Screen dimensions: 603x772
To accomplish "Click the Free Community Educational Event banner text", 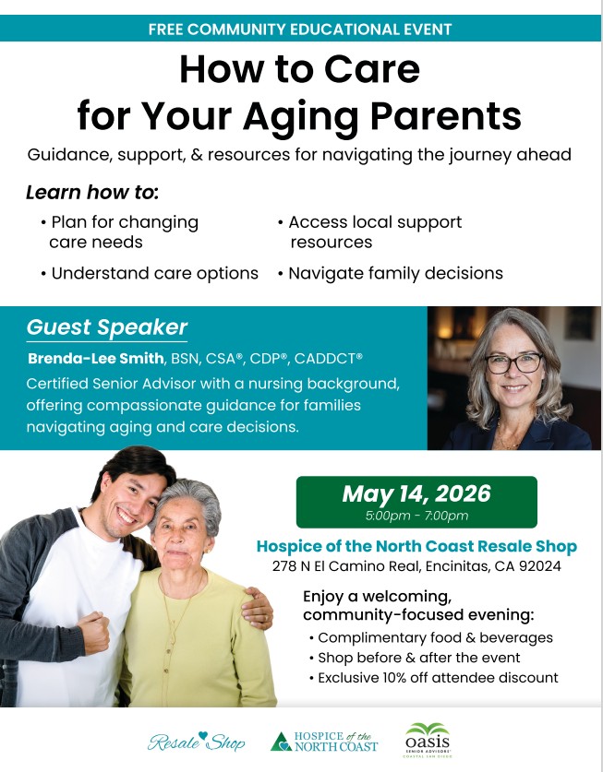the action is point(300,29).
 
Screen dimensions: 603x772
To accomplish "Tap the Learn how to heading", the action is point(92,192).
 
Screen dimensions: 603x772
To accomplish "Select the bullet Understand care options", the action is point(150,273).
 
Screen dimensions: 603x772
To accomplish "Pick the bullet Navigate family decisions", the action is point(391,273).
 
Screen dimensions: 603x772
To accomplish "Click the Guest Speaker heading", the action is point(107,327).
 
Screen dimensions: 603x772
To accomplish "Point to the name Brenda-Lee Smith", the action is point(96,358).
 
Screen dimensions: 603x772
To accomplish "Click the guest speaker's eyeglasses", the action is point(513,362).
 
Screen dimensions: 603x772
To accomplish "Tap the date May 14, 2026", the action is point(416,493).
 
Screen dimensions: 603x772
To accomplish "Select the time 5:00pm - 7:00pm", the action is point(416,516).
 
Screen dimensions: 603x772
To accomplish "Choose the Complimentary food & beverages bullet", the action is point(431,637).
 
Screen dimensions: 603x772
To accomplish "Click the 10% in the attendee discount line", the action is point(394,678).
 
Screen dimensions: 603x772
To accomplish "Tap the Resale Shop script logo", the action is point(197,742).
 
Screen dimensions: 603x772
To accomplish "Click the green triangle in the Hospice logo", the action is point(281,742).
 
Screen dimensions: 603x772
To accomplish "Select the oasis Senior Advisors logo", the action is point(428,740).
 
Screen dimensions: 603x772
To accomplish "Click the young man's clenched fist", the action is point(92,632).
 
